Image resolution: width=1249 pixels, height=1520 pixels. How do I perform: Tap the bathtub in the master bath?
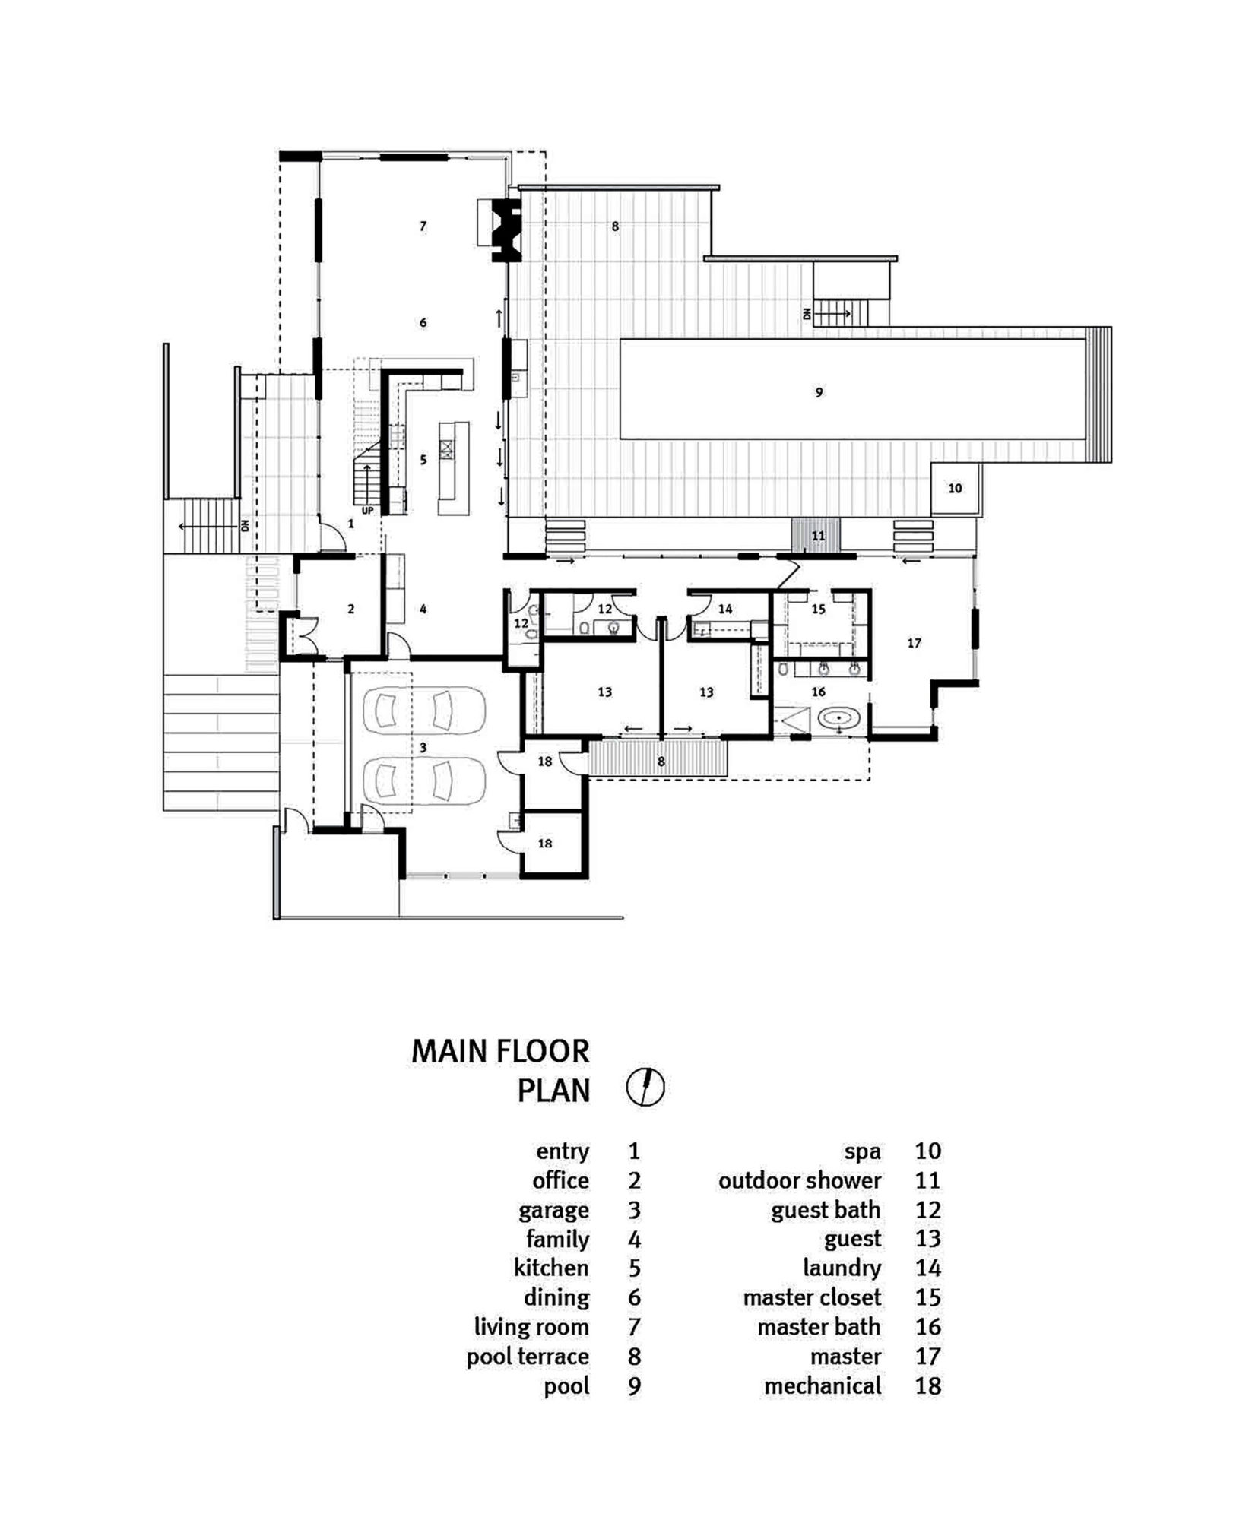tap(838, 717)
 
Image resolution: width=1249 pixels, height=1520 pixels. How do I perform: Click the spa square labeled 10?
tap(956, 489)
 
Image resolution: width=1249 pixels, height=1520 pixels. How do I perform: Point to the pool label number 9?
tap(819, 393)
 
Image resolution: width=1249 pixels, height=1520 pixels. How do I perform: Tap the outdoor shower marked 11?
tap(816, 535)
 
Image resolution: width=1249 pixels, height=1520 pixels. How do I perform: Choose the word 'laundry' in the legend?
tap(842, 1268)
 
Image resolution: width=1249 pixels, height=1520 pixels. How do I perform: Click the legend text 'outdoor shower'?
tap(800, 1180)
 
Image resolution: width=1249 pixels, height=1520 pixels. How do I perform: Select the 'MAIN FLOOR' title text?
tap(500, 1051)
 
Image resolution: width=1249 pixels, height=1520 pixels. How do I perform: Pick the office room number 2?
tap(350, 609)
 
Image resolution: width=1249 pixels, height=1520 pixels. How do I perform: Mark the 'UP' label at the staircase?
tap(367, 511)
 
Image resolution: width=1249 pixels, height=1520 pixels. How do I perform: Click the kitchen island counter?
tap(453, 469)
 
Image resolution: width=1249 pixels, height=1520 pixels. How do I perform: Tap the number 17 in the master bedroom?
tap(914, 643)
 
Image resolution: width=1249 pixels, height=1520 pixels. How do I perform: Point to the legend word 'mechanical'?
tap(823, 1385)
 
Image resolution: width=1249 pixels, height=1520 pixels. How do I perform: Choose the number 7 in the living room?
tap(423, 226)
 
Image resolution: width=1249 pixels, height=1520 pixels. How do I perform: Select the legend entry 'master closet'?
tap(813, 1297)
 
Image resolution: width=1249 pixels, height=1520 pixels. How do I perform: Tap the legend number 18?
tap(927, 1385)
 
